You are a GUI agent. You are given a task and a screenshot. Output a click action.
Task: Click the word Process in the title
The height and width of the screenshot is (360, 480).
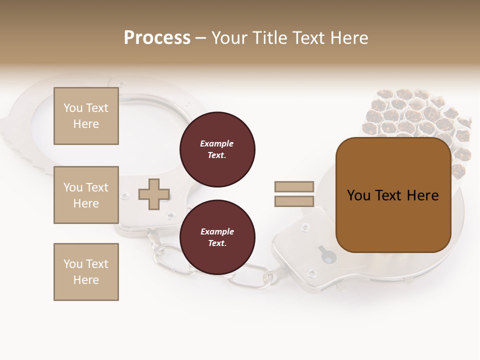[157, 38]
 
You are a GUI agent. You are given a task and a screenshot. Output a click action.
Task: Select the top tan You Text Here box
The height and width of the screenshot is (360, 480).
[86, 116]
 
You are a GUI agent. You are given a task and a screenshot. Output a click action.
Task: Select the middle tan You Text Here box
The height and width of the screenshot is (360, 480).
[86, 195]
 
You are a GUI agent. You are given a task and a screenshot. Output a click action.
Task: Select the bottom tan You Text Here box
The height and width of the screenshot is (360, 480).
[86, 272]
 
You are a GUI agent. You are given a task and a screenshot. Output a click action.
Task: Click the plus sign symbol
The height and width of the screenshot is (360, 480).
[154, 194]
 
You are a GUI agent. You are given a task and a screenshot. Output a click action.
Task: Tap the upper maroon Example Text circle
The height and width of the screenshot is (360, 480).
[217, 149]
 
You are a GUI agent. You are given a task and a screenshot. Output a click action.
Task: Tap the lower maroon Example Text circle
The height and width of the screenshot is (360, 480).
[217, 237]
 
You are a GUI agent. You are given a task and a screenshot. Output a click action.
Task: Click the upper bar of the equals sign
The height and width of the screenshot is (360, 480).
[294, 186]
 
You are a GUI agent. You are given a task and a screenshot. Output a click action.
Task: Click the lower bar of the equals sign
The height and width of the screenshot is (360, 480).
[294, 201]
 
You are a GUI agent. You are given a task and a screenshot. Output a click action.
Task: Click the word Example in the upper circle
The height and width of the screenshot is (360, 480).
[217, 143]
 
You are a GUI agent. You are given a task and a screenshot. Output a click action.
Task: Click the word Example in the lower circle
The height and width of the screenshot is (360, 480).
[217, 231]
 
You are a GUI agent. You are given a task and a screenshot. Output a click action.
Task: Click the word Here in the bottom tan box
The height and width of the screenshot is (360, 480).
[86, 280]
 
